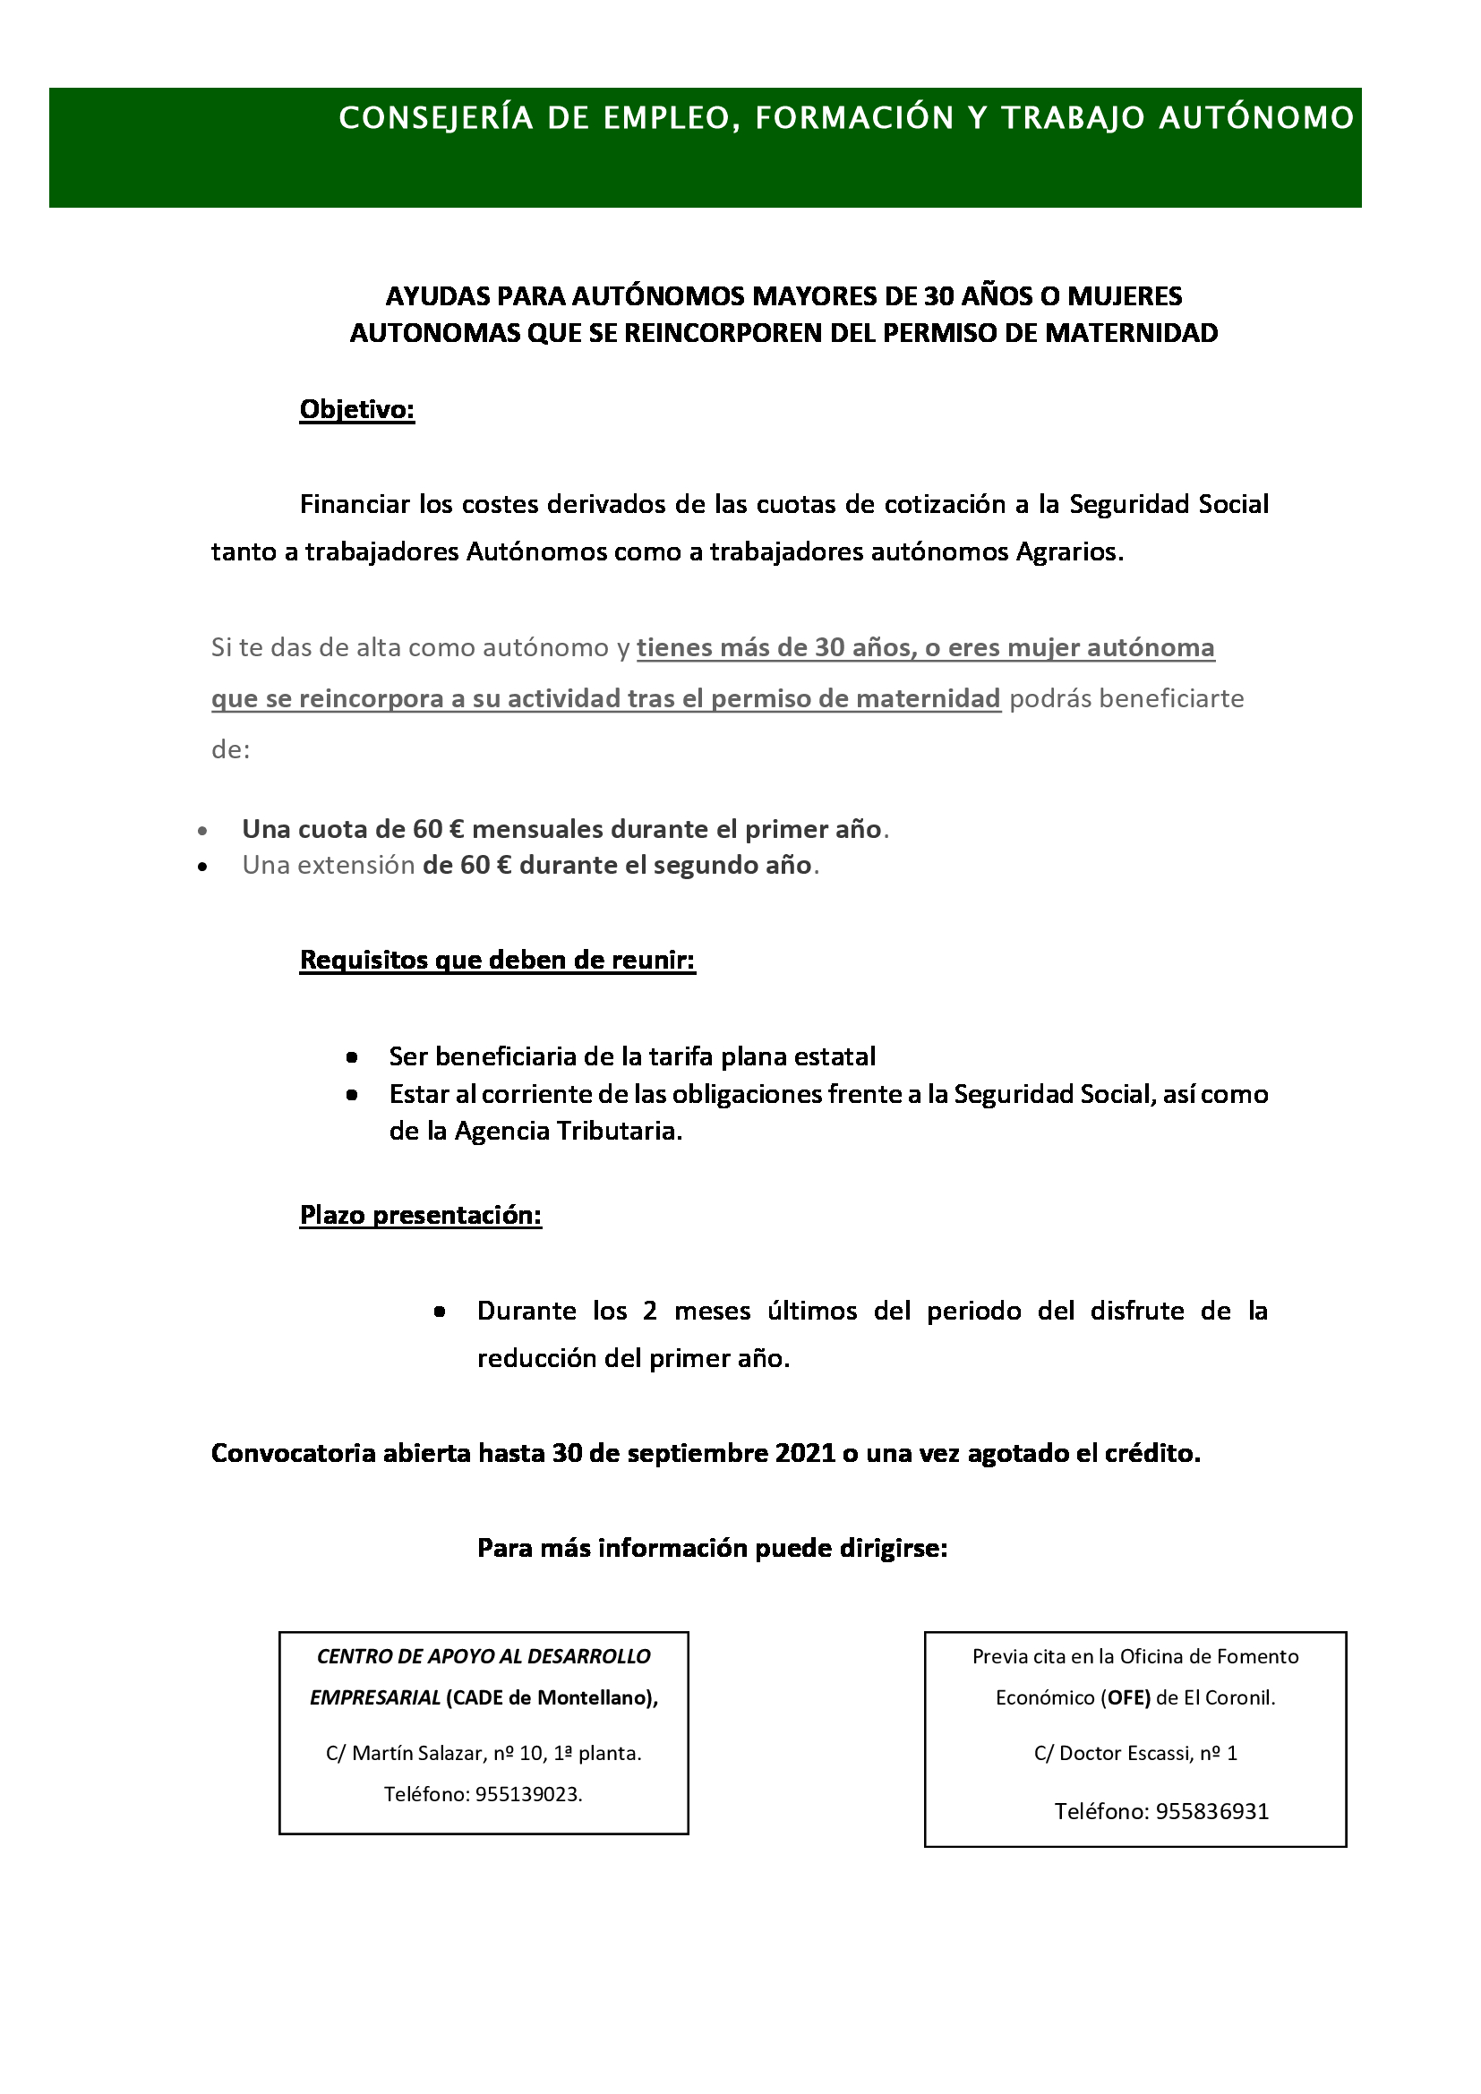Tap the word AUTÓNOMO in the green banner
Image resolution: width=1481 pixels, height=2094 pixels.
coord(1255,118)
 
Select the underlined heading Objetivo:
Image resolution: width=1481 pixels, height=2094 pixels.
coord(357,409)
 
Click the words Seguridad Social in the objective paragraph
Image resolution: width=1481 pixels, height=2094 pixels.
coord(1169,504)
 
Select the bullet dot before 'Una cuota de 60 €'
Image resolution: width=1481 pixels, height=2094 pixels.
coord(202,831)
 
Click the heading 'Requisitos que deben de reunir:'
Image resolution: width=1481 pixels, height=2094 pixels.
coord(498,960)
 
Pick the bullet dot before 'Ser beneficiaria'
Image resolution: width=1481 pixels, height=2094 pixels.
coord(352,1057)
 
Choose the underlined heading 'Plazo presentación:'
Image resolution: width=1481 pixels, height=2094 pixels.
coord(421,1215)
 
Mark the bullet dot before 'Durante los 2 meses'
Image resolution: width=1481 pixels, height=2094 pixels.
coord(440,1312)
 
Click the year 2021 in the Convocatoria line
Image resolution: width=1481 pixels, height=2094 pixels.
coord(805,1453)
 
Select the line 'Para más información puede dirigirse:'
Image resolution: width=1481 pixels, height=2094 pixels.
coord(712,1548)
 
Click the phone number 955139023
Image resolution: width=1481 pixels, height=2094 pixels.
coord(528,1794)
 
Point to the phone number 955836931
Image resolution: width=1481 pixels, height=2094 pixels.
coord(1212,1810)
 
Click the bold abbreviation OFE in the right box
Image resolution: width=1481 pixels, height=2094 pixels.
coord(1128,1697)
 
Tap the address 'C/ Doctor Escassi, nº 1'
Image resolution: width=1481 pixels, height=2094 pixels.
coord(1135,1752)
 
